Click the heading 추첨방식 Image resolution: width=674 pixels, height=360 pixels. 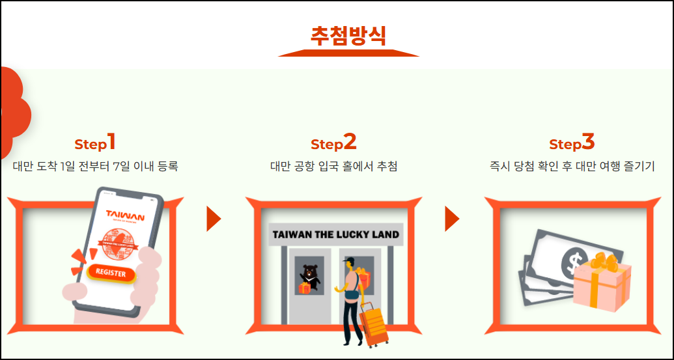point(348,35)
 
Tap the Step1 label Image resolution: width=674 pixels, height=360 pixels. point(95,143)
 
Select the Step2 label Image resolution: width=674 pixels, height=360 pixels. point(333,143)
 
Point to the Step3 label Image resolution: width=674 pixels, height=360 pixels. point(572,143)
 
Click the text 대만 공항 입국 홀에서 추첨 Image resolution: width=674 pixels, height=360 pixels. point(333,167)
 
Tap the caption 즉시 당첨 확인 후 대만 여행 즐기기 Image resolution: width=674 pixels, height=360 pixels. point(572,167)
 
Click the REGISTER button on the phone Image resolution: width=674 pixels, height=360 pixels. point(111,273)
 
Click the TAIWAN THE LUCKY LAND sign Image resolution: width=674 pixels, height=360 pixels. point(336,234)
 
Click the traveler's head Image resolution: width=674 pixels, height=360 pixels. point(350,264)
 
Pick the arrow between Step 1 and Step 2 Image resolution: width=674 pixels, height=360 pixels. point(214,219)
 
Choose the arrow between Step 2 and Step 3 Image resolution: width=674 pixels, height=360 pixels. point(452,219)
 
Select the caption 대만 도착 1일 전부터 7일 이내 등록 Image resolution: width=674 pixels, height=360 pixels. point(95,167)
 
